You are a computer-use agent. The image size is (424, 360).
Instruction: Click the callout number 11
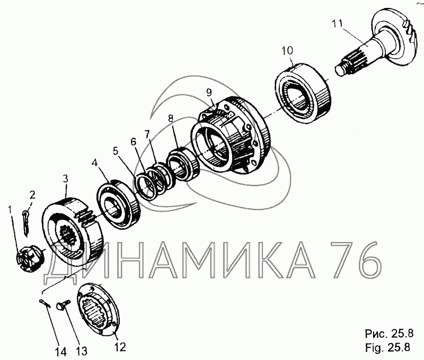[x=337, y=23]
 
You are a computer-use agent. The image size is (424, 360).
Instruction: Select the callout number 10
[x=287, y=50]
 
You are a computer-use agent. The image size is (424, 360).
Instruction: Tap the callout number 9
[x=209, y=93]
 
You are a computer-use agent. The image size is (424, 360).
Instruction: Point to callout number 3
[x=65, y=178]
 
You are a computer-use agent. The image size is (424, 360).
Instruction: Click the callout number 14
[x=61, y=352]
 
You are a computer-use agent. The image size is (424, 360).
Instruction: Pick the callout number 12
[x=120, y=347]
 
